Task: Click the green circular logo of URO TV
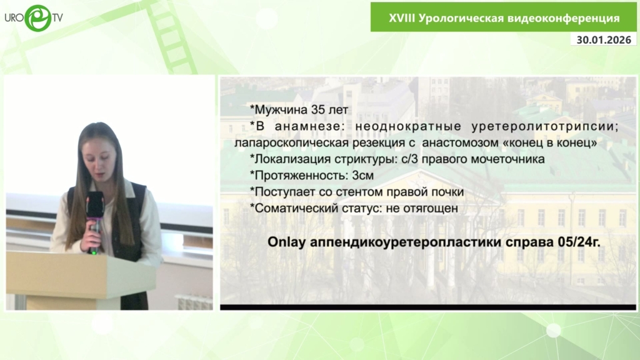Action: pos(38,18)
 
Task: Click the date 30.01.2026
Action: pos(604,39)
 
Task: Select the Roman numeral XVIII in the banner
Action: pos(402,18)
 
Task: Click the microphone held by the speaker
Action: pos(95,221)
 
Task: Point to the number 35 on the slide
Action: pos(318,110)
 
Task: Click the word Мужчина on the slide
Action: pos(281,110)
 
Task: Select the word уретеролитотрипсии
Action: pos(545,126)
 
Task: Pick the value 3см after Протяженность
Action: pos(363,176)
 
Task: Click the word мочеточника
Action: pos(507,159)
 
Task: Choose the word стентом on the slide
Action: pos(359,192)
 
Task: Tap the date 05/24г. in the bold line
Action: pos(579,242)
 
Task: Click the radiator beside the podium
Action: pos(194,302)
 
